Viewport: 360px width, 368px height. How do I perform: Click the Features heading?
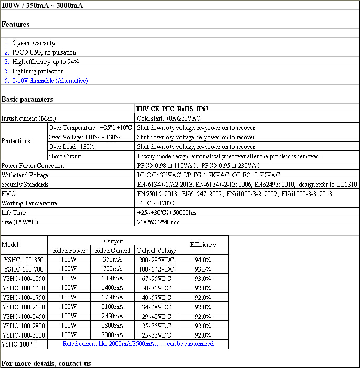pos(16,24)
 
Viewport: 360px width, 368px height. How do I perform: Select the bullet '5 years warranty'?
pos(34,43)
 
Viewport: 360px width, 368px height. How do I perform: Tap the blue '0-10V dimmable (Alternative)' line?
pos(50,81)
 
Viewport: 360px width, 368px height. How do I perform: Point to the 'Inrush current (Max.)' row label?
pos(28,118)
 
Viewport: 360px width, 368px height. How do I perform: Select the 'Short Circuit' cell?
pos(65,156)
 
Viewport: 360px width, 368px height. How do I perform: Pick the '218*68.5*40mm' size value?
pos(158,222)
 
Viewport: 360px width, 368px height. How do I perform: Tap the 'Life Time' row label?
pos(14,213)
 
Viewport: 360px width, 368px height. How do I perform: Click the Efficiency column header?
pos(203,245)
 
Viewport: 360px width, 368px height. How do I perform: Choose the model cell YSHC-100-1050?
pos(24,278)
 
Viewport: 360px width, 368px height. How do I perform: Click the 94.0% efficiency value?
pos(203,259)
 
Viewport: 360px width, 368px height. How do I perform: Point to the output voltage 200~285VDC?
pos(156,259)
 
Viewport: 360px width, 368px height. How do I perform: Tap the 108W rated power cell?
pos(69,335)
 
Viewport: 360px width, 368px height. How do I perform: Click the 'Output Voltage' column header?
pos(156,250)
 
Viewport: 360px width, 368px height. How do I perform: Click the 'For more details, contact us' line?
pos(46,363)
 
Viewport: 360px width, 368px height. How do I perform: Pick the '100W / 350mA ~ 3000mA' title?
pos(42,6)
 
